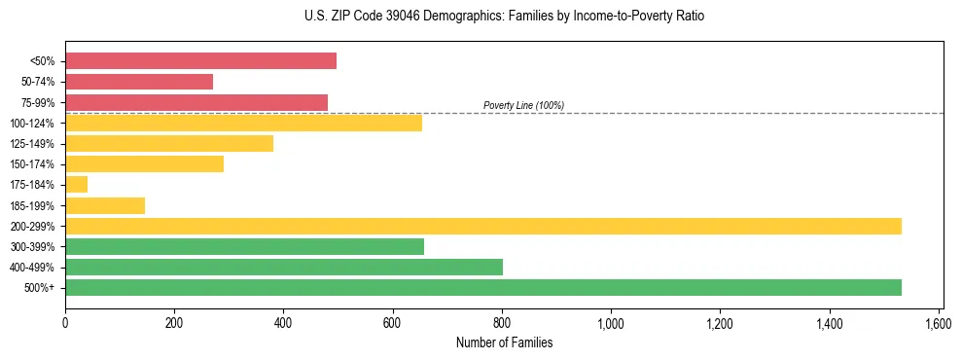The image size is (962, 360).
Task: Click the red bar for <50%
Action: click(200, 61)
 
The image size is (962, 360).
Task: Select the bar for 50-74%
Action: click(139, 82)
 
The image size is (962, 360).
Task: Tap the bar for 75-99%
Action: click(196, 102)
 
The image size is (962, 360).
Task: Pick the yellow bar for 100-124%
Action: click(243, 123)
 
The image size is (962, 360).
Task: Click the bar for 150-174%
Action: click(144, 163)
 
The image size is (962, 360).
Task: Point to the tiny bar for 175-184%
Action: click(76, 184)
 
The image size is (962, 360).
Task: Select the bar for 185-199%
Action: click(105, 205)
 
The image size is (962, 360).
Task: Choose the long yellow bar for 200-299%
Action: click(483, 226)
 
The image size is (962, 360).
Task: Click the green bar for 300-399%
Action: click(244, 246)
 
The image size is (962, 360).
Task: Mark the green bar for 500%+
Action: click(483, 287)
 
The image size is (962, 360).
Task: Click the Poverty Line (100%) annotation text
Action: click(523, 105)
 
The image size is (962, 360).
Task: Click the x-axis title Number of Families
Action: click(504, 342)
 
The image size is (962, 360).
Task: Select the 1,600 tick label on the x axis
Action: click(939, 321)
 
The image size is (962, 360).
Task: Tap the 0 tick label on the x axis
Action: click(65, 321)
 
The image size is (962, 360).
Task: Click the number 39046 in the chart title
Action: click(404, 17)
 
